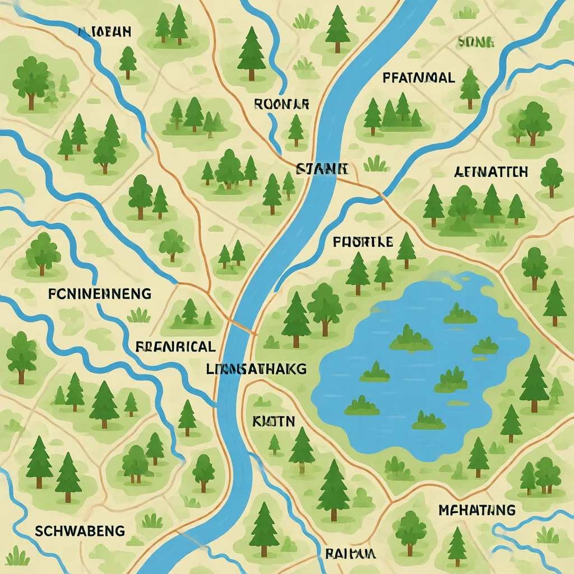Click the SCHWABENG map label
pyautogui.click(x=80, y=530)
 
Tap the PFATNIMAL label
pyautogui.click(x=419, y=78)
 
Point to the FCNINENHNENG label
pyautogui.click(x=99, y=293)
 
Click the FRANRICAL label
pyautogui.click(x=175, y=347)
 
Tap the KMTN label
pyautogui.click(x=274, y=422)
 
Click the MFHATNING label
pyautogui.click(x=476, y=510)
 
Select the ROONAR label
pyautogui.click(x=281, y=103)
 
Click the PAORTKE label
pyautogui.click(x=363, y=242)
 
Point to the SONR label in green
pyautogui.click(x=475, y=41)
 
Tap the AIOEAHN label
pyautogui.click(x=105, y=32)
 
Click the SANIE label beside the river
pyautogui.click(x=322, y=168)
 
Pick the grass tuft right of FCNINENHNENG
pyautogui.click(x=138, y=316)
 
